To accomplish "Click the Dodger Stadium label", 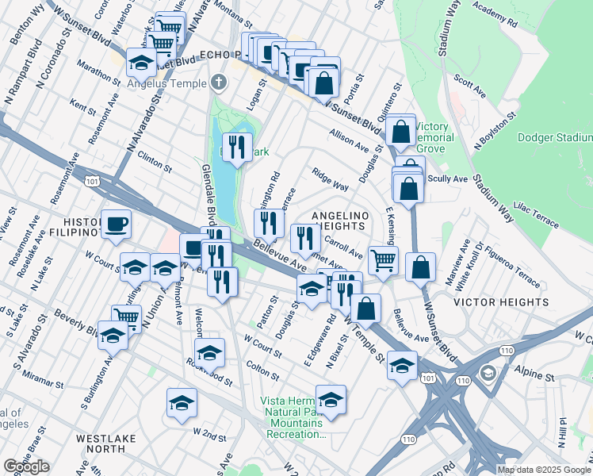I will click(x=555, y=137).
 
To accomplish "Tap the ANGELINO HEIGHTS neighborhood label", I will click(x=342, y=221).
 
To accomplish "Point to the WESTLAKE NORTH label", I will click(x=105, y=443).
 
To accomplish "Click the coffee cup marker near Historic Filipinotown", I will click(x=116, y=224).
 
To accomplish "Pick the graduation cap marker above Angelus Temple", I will click(x=141, y=62).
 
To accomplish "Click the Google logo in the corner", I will click(x=26, y=466).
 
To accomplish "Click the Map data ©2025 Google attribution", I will click(x=544, y=470).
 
